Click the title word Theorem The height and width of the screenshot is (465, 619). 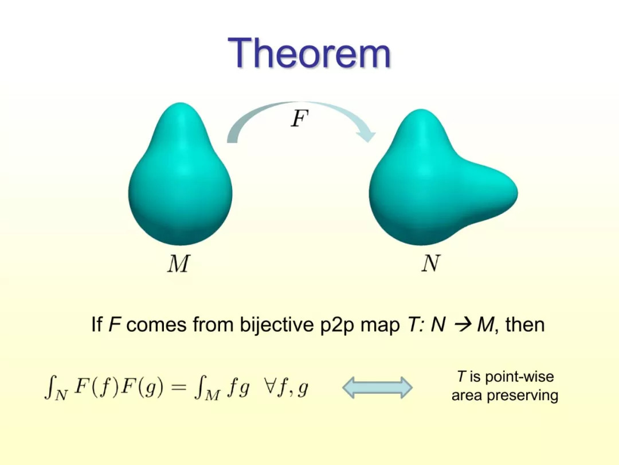309,53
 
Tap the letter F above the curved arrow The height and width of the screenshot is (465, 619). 299,118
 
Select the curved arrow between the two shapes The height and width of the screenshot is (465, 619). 300,107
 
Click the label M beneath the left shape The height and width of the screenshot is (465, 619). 178,263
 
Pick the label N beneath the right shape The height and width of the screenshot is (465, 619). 430,263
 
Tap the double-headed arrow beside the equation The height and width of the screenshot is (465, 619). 377,387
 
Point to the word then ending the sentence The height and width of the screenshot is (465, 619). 524,325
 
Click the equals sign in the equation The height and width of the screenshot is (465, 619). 179,387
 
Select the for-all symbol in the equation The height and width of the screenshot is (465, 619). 269,386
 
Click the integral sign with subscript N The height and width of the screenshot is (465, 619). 50,387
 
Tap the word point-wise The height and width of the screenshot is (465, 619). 519,377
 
